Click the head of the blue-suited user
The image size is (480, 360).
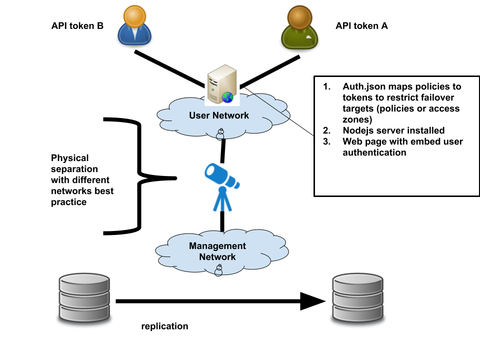tap(134, 16)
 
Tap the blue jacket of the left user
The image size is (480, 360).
tap(134, 36)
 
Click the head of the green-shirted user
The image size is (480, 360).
tap(299, 17)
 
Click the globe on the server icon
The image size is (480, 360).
tap(227, 97)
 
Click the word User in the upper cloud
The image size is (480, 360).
tap(199, 115)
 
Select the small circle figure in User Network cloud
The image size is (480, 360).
tap(220, 134)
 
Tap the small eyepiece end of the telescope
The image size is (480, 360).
tap(237, 184)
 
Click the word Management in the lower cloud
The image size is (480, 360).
tap(217, 246)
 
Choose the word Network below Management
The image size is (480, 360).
tap(217, 257)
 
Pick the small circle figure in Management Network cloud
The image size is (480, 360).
tap(218, 270)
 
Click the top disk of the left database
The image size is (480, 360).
tap(84, 282)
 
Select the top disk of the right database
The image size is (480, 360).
tap(358, 282)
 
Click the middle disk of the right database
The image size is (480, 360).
tap(358, 298)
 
